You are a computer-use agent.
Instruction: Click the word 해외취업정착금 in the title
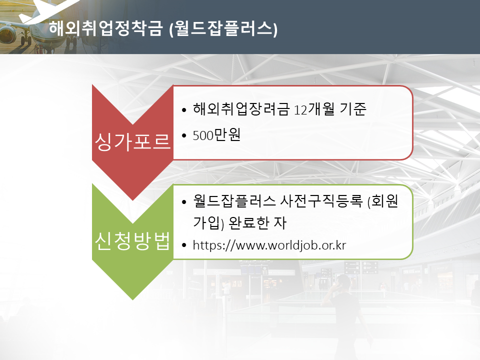[x=105, y=28]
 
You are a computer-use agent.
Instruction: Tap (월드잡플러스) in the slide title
[x=223, y=29]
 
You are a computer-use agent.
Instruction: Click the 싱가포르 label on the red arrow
[x=132, y=141]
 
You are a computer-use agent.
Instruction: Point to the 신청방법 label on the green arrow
[x=132, y=241]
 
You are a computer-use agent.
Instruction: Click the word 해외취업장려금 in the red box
[x=241, y=109]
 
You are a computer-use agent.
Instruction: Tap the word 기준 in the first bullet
[x=353, y=109]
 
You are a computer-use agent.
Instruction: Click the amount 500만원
[x=216, y=135]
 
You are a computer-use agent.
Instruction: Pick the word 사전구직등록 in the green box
[x=321, y=201]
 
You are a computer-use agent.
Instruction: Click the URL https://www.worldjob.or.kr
[x=269, y=245]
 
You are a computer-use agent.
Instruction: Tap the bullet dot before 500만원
[x=184, y=135]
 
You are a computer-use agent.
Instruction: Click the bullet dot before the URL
[x=184, y=245]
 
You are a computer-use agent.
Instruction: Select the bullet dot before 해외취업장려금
[x=184, y=109]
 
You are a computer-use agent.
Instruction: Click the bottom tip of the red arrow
[x=132, y=200]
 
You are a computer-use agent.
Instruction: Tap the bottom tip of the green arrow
[x=132, y=299]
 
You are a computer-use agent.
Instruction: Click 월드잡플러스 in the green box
[x=234, y=201]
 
